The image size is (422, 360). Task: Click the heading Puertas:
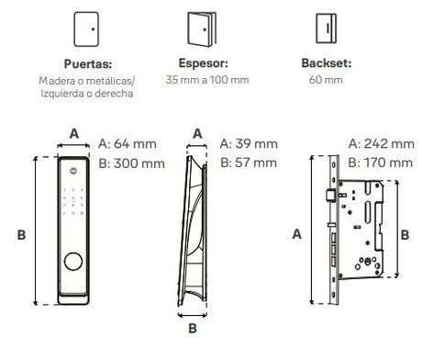click(88, 64)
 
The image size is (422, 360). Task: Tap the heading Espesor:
click(204, 63)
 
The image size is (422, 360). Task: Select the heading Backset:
click(327, 63)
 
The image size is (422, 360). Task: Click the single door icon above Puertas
click(86, 29)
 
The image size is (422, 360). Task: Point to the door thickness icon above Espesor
click(202, 29)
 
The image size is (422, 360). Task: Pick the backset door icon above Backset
click(327, 28)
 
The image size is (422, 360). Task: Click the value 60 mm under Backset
click(326, 80)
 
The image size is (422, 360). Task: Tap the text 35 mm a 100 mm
click(207, 80)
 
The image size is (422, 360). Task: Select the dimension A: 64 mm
click(128, 143)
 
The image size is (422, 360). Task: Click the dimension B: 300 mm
click(131, 163)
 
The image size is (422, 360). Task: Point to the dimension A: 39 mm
click(249, 143)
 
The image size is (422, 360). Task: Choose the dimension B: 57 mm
click(249, 163)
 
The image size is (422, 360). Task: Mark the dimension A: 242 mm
click(382, 143)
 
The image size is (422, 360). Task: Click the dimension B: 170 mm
click(381, 163)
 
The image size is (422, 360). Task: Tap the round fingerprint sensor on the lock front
click(73, 262)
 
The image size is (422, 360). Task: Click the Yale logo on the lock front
click(73, 171)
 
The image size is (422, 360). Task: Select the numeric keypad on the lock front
click(73, 201)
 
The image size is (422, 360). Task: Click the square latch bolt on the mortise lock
click(330, 196)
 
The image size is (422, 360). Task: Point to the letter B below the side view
click(193, 329)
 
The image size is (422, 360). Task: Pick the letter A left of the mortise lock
click(297, 234)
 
